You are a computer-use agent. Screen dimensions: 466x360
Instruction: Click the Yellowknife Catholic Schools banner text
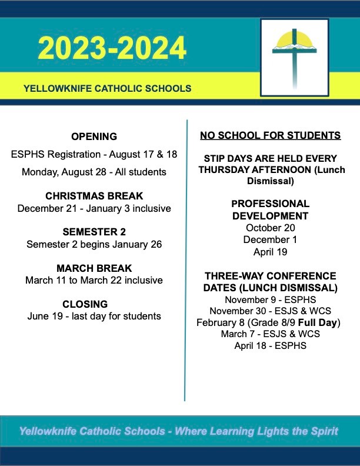[x=107, y=89]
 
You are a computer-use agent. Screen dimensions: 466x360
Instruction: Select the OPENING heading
[x=94, y=137]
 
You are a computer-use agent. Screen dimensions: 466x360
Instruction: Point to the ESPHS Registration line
[x=94, y=154]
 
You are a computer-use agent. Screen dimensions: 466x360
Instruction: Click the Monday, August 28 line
[x=94, y=172]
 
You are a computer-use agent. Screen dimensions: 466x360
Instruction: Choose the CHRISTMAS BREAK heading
[x=94, y=196]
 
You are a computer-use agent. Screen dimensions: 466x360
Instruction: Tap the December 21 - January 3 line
[x=94, y=208]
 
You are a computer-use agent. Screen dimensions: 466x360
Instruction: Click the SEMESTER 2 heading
[x=94, y=232]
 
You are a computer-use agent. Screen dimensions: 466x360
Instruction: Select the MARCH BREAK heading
[x=94, y=268]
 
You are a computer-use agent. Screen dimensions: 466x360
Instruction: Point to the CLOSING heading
[x=94, y=304]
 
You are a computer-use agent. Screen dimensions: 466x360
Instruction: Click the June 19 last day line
[x=94, y=317]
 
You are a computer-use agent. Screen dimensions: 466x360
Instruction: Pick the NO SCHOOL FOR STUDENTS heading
[x=270, y=136]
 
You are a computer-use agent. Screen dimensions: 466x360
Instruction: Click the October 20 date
[x=270, y=228]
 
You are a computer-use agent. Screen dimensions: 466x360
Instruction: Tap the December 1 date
[x=270, y=239]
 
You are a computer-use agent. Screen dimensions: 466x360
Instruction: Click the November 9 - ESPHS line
[x=270, y=299]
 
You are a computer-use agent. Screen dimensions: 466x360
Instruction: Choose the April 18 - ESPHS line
[x=270, y=346]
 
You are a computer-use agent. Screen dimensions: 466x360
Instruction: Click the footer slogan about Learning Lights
[x=179, y=431]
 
